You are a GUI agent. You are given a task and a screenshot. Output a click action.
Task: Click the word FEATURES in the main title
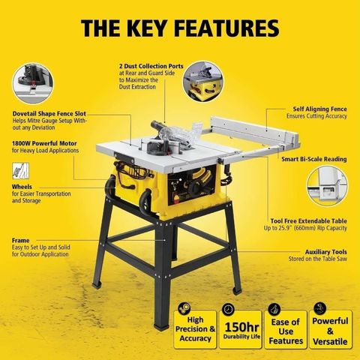[x=226, y=28]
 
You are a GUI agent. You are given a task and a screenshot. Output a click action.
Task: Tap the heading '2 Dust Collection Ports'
[x=151, y=66]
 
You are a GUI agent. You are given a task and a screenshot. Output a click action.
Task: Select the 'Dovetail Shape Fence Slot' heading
[x=49, y=114]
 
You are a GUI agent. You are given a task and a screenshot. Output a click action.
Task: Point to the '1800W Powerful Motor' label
[x=44, y=143]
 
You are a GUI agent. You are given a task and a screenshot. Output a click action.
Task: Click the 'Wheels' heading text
[x=22, y=187]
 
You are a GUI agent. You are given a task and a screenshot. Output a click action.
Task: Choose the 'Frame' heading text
[x=21, y=241]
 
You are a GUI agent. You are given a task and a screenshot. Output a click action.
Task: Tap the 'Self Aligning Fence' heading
[x=320, y=109]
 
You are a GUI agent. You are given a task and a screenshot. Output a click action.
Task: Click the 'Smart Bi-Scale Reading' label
[x=314, y=159]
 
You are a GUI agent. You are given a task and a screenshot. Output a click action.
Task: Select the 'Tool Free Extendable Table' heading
[x=309, y=221]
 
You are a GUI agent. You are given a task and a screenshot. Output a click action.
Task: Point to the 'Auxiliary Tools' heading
[x=326, y=252]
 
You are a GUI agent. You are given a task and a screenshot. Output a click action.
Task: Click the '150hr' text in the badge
[x=241, y=327]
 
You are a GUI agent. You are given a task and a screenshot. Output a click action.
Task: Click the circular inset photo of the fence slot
[x=33, y=83]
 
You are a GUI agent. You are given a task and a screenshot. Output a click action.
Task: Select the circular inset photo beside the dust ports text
[x=203, y=82]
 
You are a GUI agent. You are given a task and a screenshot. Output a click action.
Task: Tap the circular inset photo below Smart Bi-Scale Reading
[x=327, y=186]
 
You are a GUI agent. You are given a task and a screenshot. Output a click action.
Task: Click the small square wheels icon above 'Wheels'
[x=20, y=171]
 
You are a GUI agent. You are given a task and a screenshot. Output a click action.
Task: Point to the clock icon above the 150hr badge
[x=228, y=309]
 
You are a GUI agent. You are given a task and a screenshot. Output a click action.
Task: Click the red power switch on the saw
[x=176, y=199]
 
